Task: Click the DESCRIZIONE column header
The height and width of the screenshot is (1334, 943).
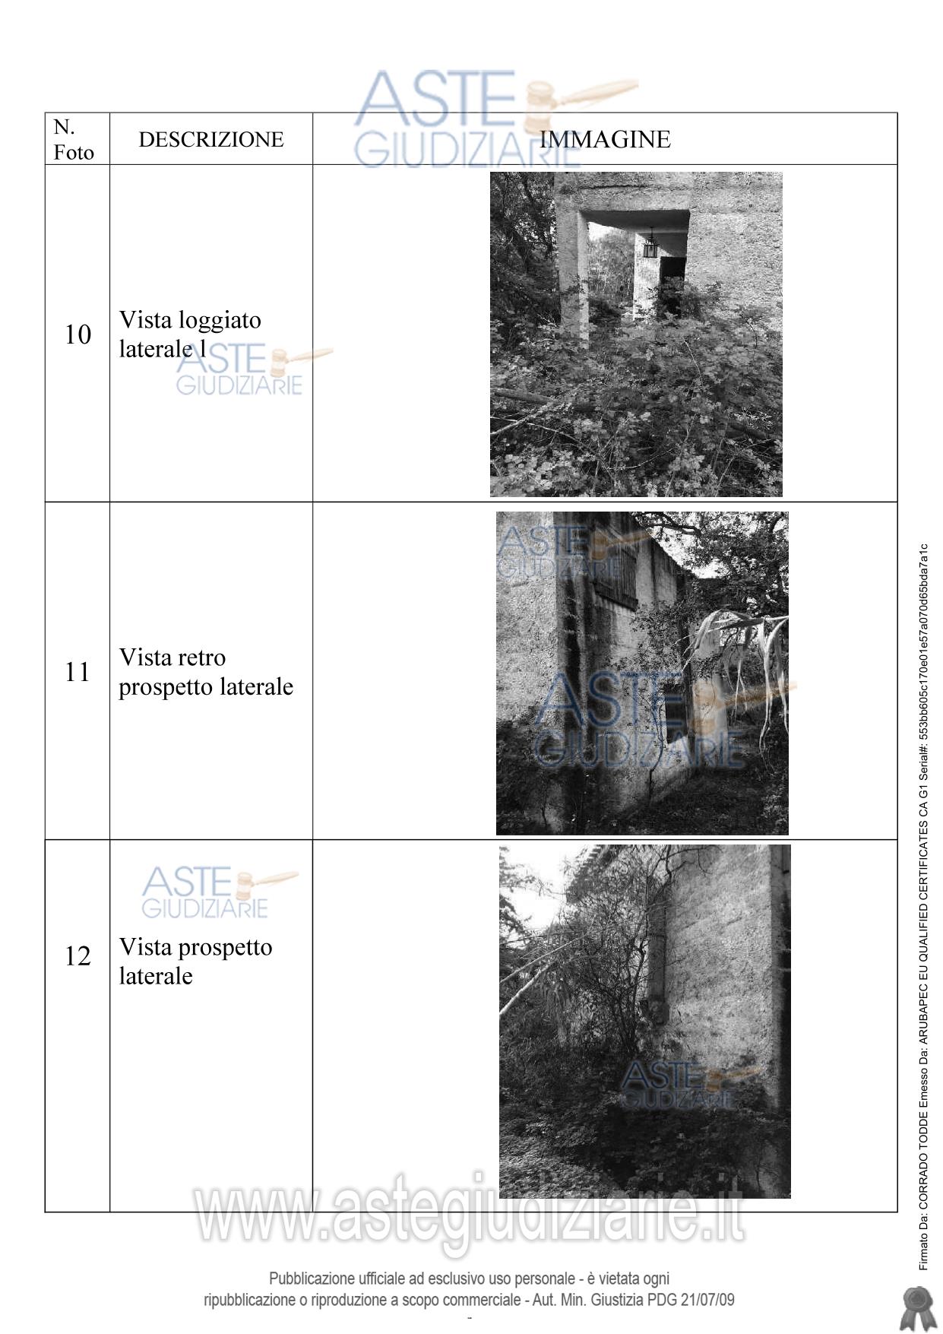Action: (211, 139)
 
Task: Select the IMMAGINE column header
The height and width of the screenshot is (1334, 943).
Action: (605, 139)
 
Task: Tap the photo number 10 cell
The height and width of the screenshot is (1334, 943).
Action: (78, 334)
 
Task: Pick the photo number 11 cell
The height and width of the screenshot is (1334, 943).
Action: (78, 672)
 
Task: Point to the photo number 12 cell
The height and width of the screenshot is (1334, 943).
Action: (78, 955)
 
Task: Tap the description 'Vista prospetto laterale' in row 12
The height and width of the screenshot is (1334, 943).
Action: (195, 962)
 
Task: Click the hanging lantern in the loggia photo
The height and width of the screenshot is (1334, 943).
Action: (650, 244)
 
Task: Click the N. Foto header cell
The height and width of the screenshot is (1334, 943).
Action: (74, 139)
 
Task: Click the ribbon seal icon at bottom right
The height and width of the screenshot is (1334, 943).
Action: (917, 1308)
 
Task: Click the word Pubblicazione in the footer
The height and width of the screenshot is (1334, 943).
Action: (312, 1279)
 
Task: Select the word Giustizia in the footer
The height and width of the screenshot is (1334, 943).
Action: (617, 1300)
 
